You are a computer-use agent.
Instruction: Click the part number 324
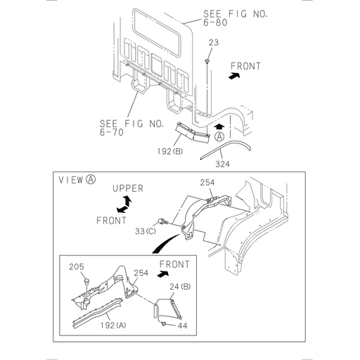[223, 164]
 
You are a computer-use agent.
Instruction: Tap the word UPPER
[128, 188]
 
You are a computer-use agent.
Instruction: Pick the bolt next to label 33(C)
[165, 223]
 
